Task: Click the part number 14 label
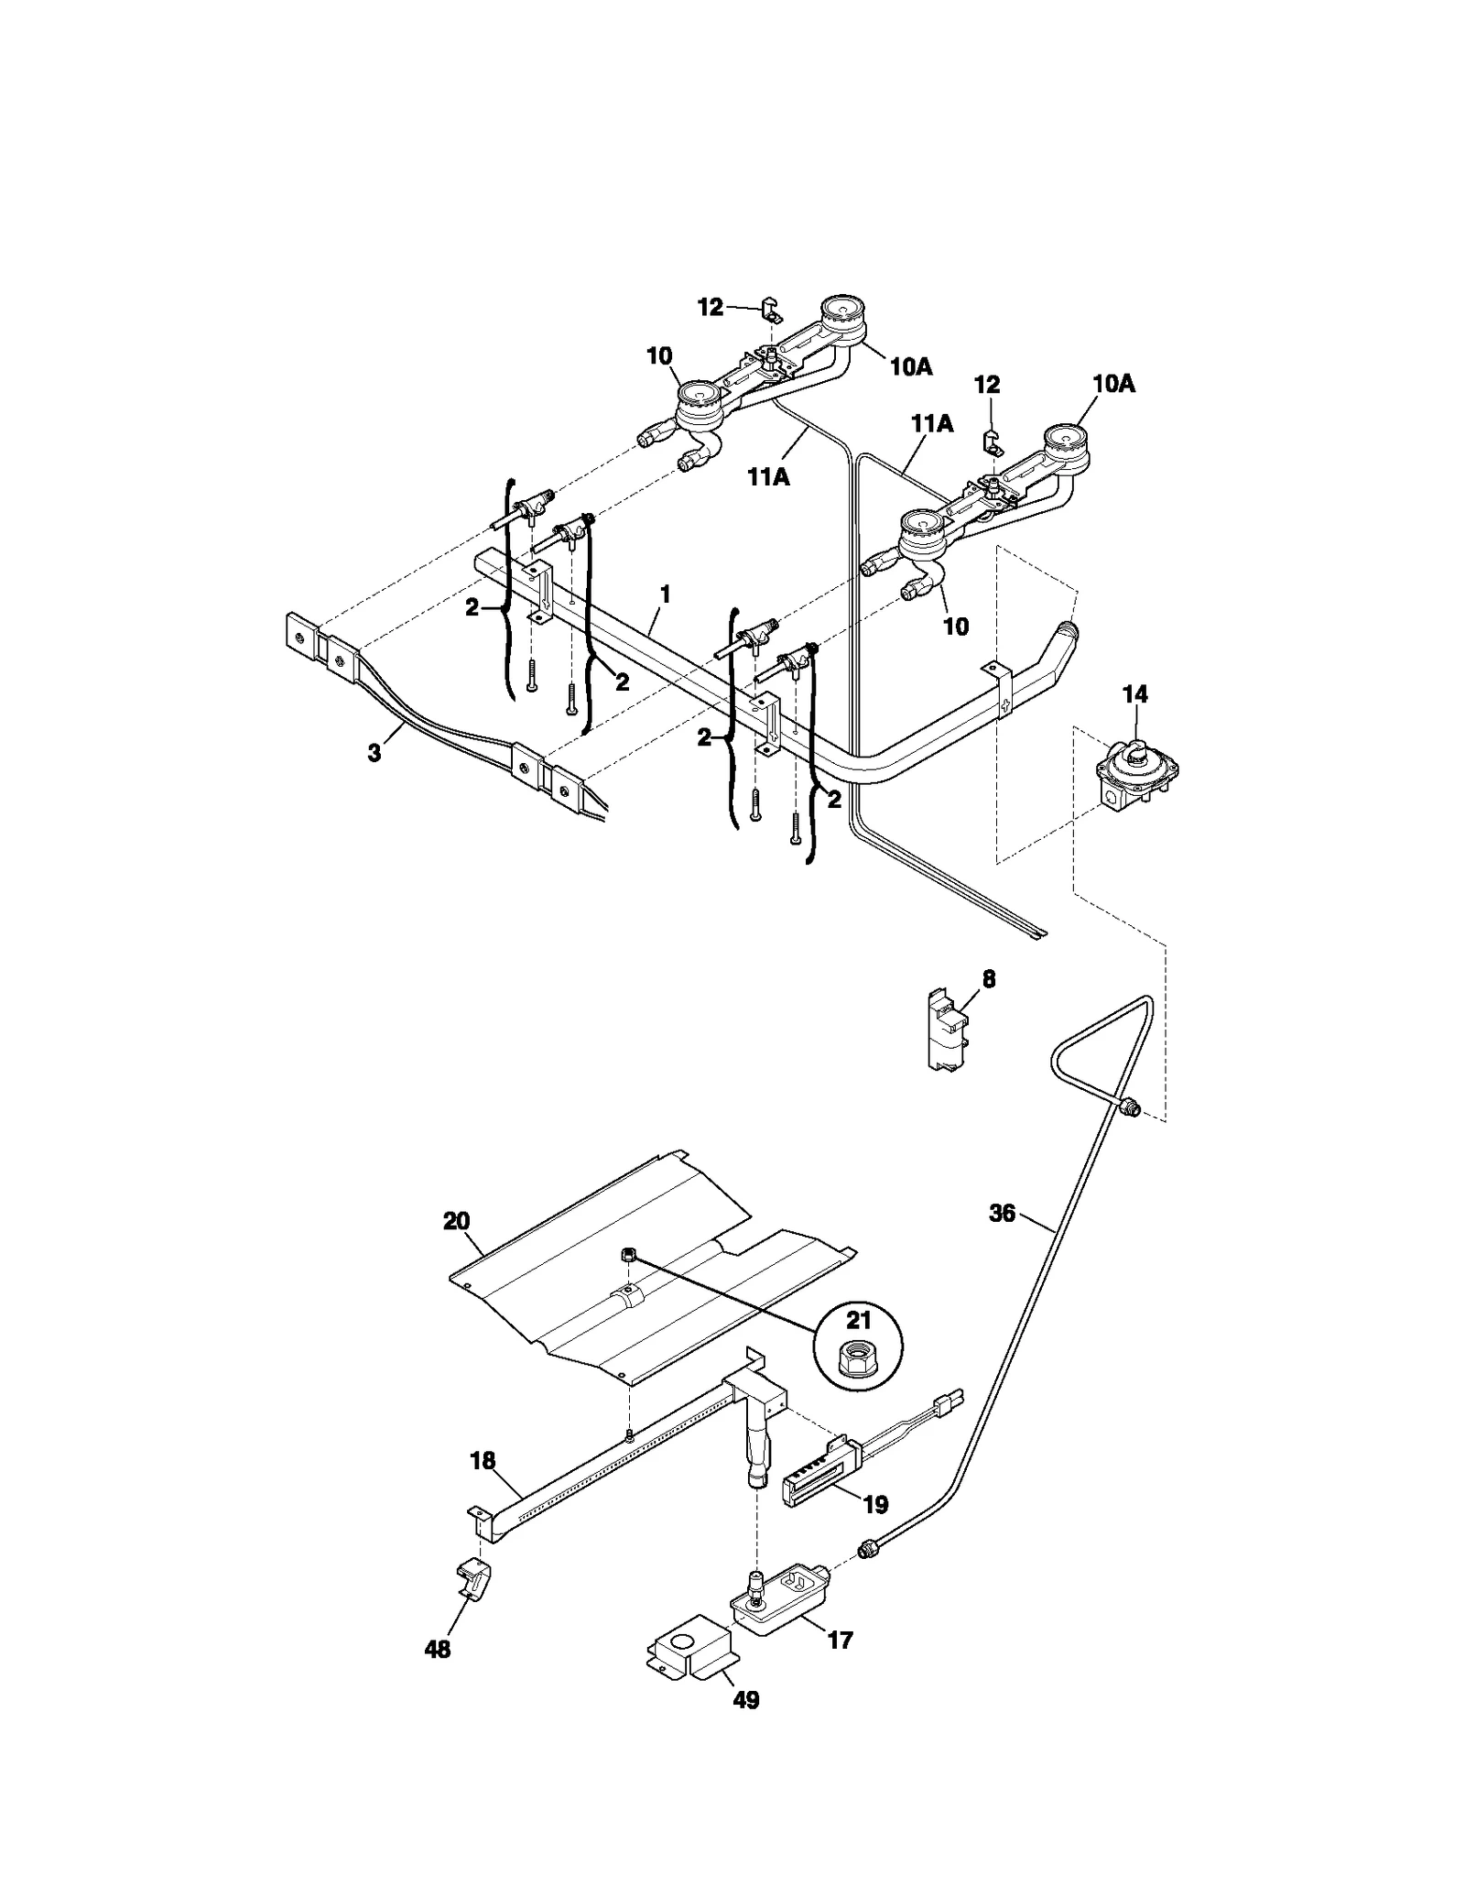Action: click(x=1134, y=695)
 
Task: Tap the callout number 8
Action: click(x=989, y=978)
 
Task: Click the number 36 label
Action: click(x=1003, y=1213)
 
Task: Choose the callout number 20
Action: click(x=456, y=1221)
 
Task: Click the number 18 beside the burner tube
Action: click(x=483, y=1460)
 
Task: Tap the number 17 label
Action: click(x=840, y=1640)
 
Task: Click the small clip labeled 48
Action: click(x=472, y=1578)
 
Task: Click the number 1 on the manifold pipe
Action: click(x=666, y=594)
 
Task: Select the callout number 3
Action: click(x=374, y=754)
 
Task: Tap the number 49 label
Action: click(x=747, y=1700)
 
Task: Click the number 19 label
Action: click(x=875, y=1504)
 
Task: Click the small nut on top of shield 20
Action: click(x=629, y=1256)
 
